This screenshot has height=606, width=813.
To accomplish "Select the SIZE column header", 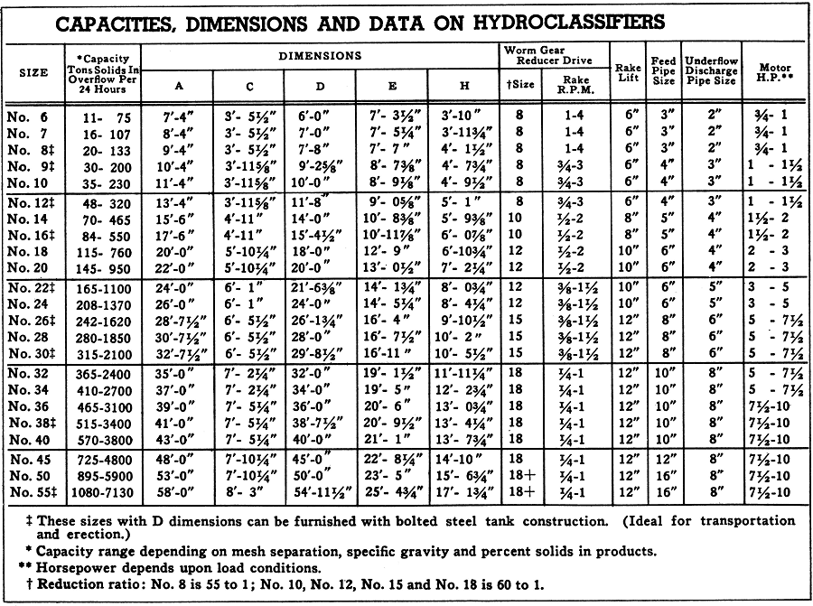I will point(34,73).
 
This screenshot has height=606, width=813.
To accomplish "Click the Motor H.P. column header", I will point(775,73).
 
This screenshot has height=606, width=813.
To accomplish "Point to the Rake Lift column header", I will point(627,73).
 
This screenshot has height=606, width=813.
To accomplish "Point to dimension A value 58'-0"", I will point(178,492).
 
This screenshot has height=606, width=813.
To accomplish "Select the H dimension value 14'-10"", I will point(464,460).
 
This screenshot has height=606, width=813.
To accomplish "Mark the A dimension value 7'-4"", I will point(178,117).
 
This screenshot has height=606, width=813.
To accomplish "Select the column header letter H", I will point(464,86).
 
